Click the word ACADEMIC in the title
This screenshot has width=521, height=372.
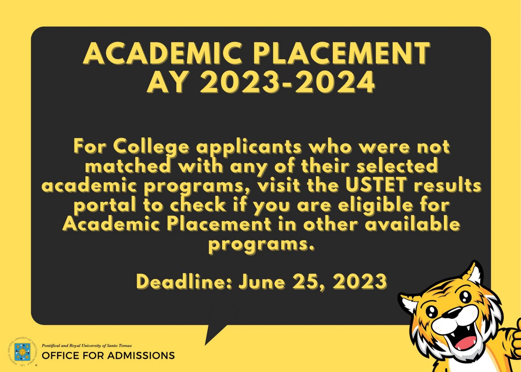tap(163, 53)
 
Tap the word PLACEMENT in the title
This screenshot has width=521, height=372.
tap(342, 53)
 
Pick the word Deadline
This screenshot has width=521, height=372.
tap(184, 282)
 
